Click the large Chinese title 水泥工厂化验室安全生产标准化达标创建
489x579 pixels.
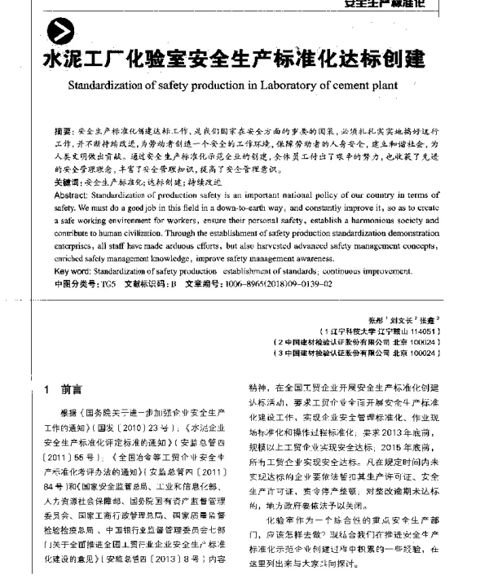[236, 60]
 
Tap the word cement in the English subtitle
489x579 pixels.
[352, 83]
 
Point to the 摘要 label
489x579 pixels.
[63, 131]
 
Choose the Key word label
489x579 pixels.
[76, 271]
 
